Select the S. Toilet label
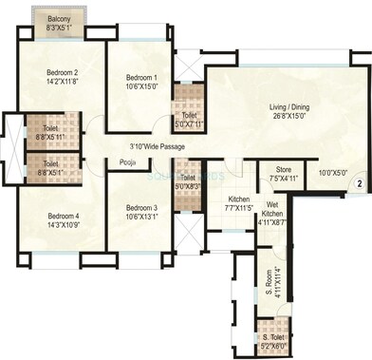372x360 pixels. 270,337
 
